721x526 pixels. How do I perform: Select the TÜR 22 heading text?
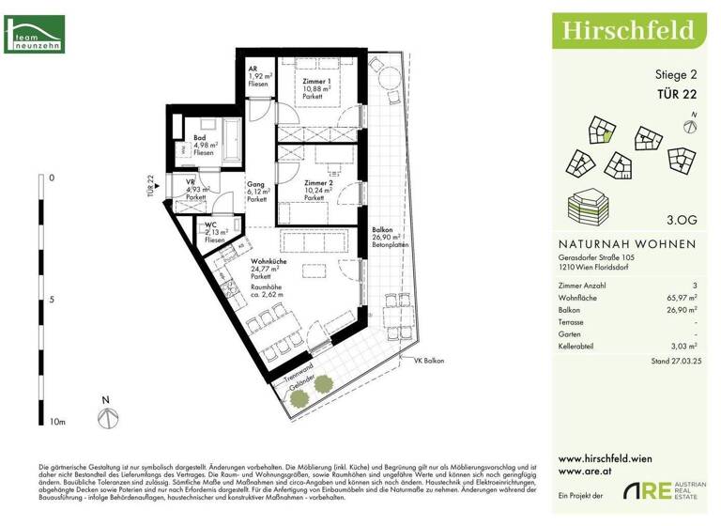coord(676,93)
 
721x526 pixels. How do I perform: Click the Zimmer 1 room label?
coord(315,82)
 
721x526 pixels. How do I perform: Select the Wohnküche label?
coord(268,261)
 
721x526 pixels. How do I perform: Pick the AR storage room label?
coord(253,69)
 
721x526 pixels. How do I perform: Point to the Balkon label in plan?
coord(382,229)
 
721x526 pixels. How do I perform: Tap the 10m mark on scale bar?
coord(57,423)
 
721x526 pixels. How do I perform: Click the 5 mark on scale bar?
coord(51,300)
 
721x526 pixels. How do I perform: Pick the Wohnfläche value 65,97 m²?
coord(681,297)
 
